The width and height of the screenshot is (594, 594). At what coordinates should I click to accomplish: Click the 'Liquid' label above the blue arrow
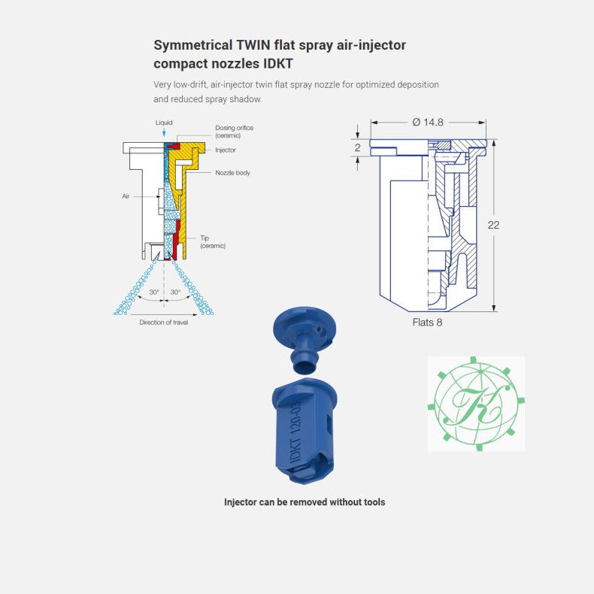pos(164,123)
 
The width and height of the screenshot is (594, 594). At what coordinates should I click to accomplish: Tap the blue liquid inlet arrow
pos(164,132)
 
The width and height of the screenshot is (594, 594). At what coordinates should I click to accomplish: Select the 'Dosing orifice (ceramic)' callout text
pos(234,132)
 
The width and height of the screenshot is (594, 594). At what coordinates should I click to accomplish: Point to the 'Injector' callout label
pos(226,150)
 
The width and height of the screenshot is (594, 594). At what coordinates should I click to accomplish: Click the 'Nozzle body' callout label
pos(232,173)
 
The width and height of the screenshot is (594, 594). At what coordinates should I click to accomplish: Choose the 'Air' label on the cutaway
pos(126,196)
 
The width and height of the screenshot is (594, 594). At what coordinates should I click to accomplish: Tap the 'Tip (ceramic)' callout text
pos(213,241)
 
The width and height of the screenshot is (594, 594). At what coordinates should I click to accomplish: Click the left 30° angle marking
pos(154,292)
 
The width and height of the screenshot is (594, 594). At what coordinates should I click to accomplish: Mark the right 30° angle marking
pos(175,292)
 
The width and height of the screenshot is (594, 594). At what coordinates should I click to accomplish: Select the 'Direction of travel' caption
pos(164,323)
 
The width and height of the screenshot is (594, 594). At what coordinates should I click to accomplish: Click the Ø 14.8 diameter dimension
pos(428,123)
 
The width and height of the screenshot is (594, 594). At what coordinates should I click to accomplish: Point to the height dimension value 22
pos(493,225)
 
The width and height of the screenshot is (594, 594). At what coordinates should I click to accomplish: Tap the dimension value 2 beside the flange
pos(358,147)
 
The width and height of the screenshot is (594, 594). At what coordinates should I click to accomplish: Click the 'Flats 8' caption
pos(427,323)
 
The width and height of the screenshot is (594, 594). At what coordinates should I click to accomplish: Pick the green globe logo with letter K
pos(476,404)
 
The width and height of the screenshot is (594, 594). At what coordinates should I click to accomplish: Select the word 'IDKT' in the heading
pos(278,64)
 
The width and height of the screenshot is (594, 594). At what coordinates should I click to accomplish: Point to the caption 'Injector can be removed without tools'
pos(305,502)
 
